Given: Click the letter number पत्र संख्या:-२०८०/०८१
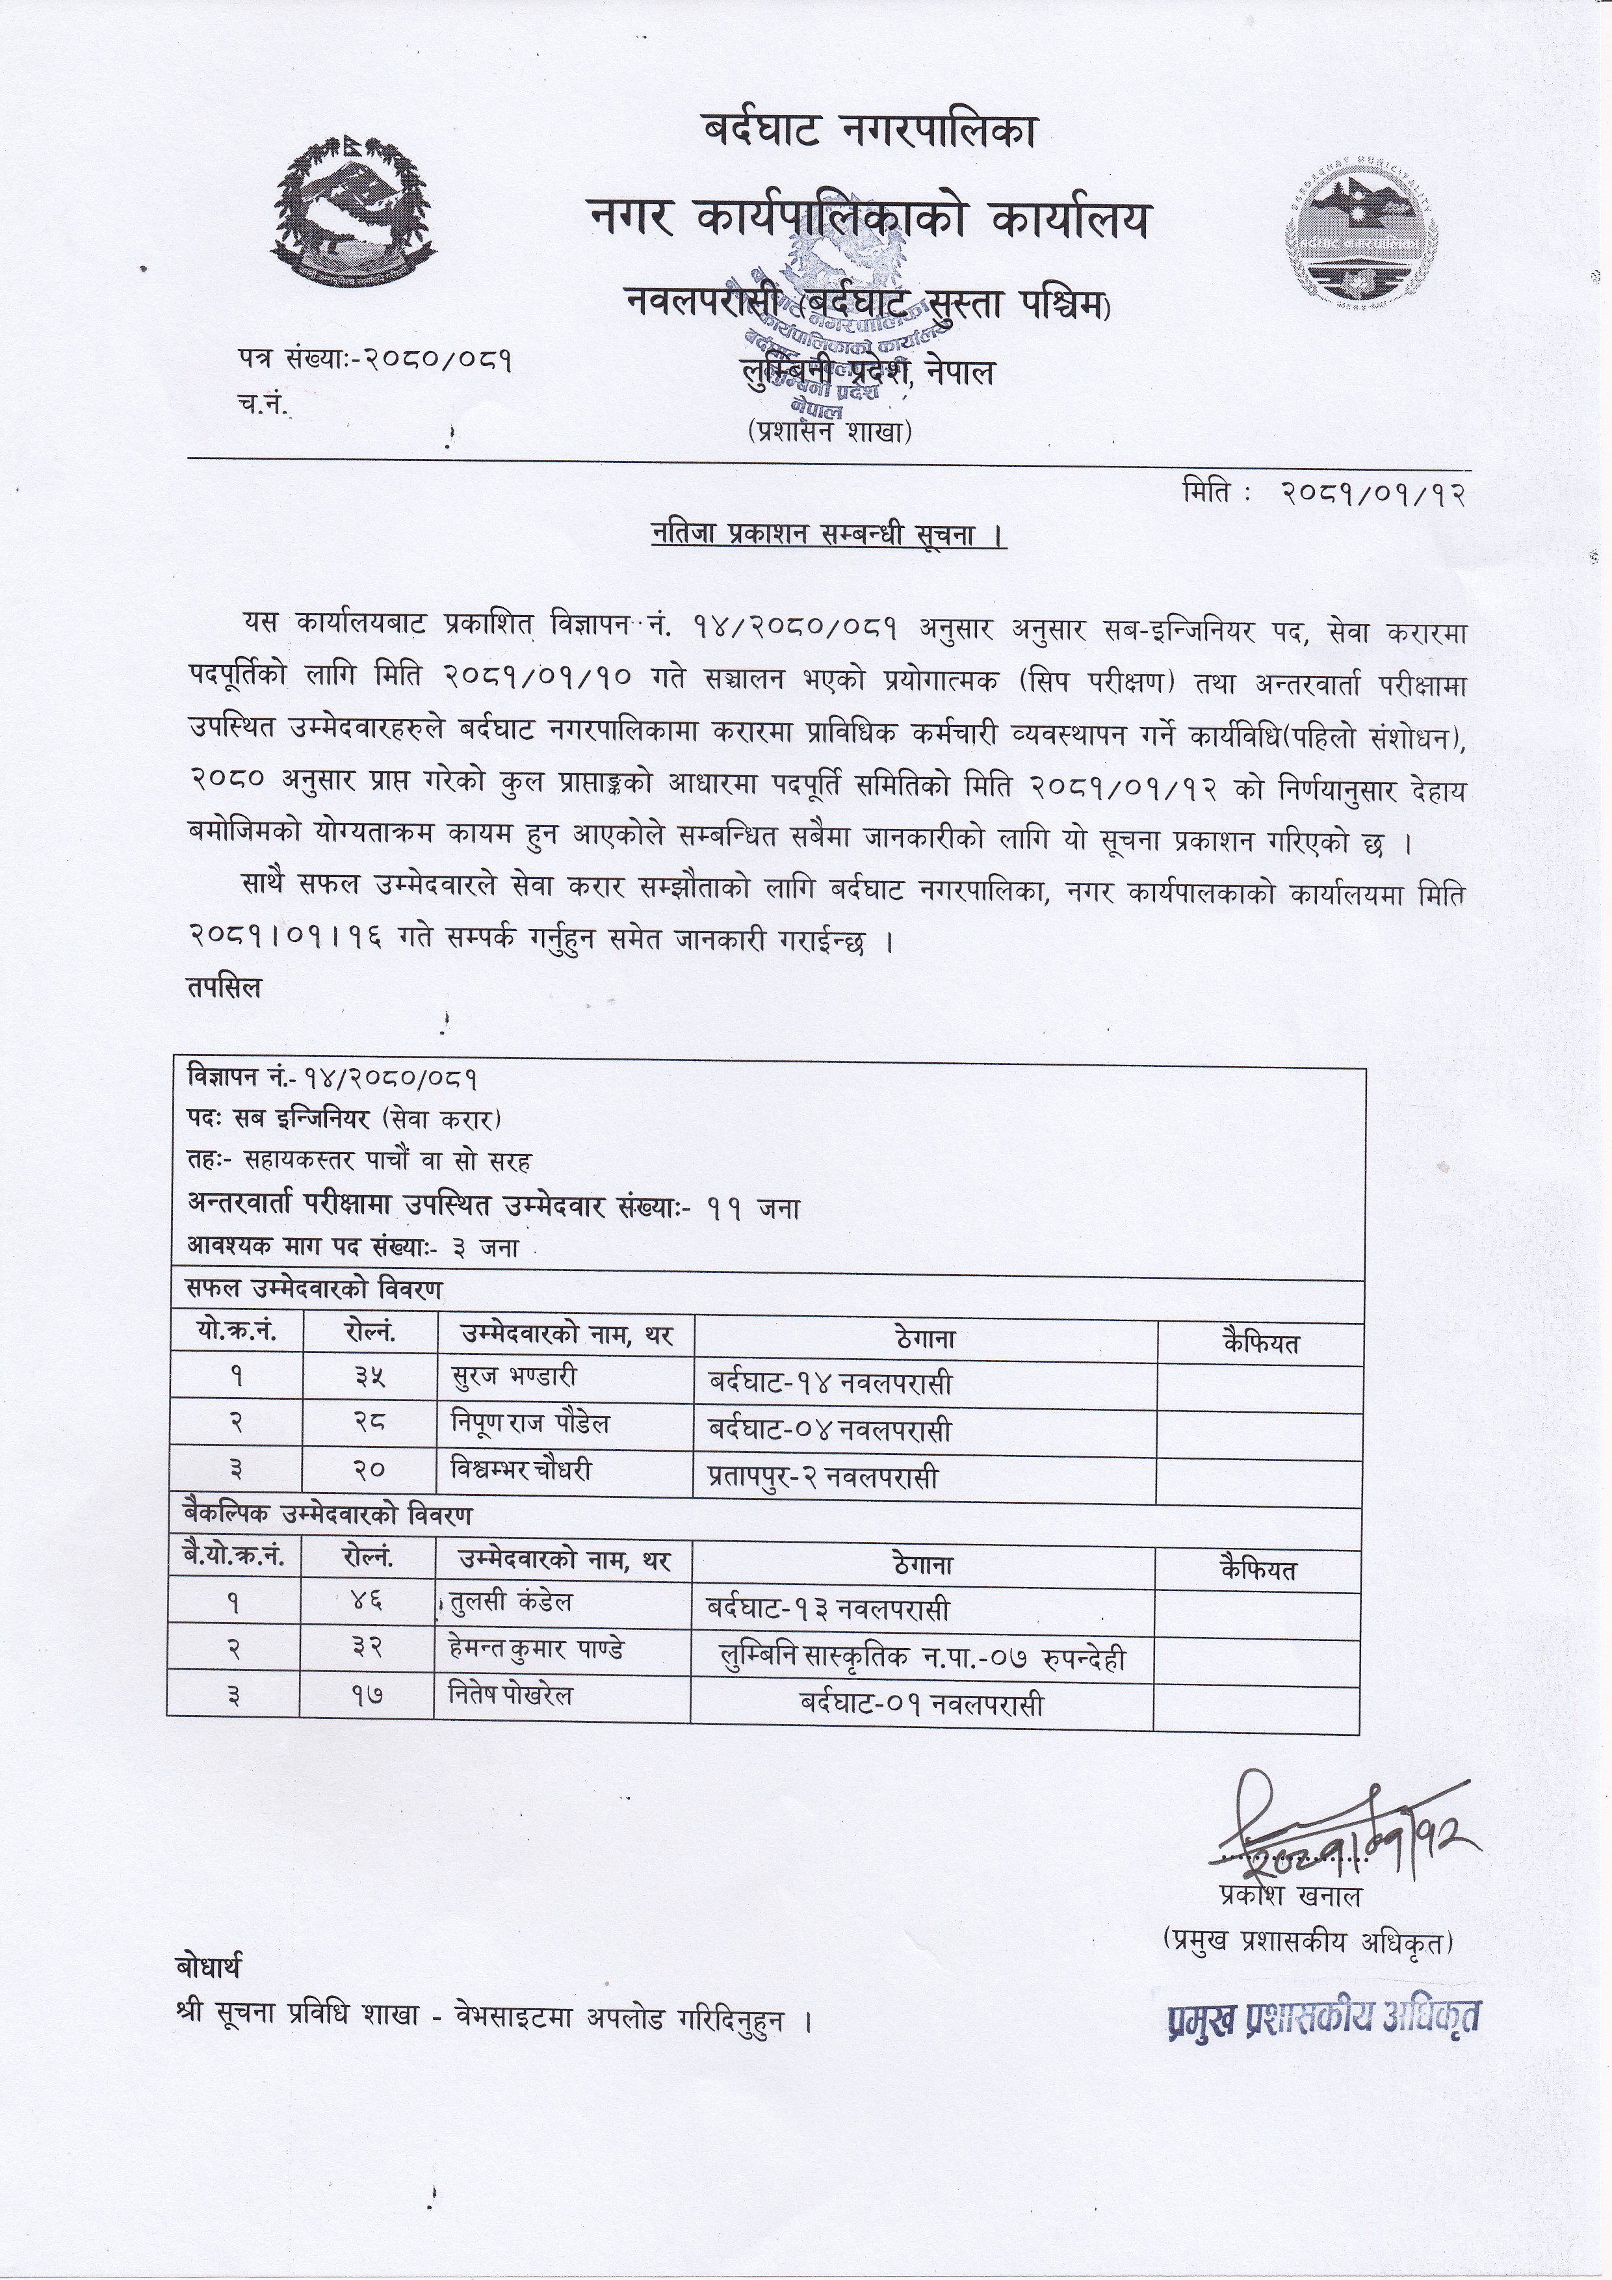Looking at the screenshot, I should pyautogui.click(x=375, y=360).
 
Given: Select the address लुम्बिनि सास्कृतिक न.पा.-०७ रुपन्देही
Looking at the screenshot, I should pyautogui.click(x=921, y=1657).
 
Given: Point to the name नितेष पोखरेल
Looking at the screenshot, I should pyautogui.click(x=510, y=1695).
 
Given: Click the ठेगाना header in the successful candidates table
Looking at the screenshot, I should pyautogui.click(x=924, y=1339).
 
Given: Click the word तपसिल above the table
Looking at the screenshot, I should pyautogui.click(x=224, y=988).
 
